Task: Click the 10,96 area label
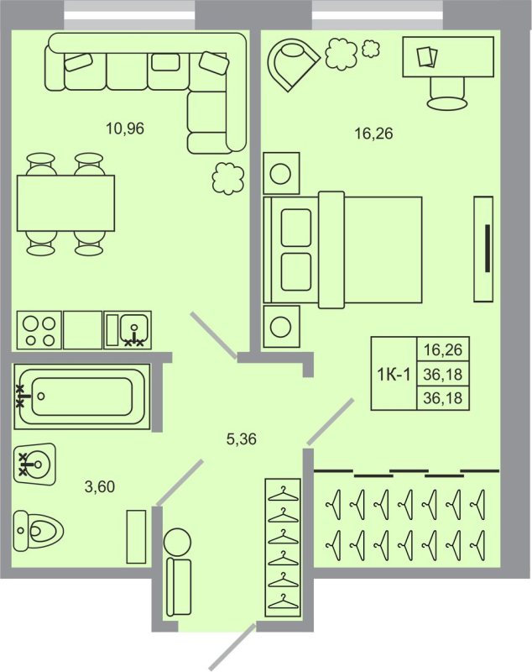pyautogui.click(x=125, y=129)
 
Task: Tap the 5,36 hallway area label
pyautogui.click(x=242, y=439)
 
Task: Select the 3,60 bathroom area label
pyautogui.click(x=100, y=487)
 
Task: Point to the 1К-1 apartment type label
pyautogui.click(x=394, y=375)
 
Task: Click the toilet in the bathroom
pyautogui.click(x=38, y=531)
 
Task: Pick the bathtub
pyautogui.click(x=82, y=396)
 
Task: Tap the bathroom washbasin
pyautogui.click(x=34, y=465)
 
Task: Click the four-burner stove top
pyautogui.click(x=39, y=330)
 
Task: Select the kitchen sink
pyautogui.click(x=128, y=330)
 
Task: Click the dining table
pyautogui.click(x=66, y=203)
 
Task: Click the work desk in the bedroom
pyautogui.click(x=448, y=57)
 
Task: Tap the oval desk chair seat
pyautogui.click(x=446, y=103)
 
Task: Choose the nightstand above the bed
pyautogui.click(x=281, y=173)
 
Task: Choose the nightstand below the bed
pyautogui.click(x=281, y=327)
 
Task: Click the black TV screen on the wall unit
pyautogui.click(x=488, y=248)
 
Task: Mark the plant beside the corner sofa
pyautogui.click(x=228, y=179)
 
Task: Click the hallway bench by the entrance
pyautogui.click(x=179, y=586)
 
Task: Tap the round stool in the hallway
pyautogui.click(x=177, y=542)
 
